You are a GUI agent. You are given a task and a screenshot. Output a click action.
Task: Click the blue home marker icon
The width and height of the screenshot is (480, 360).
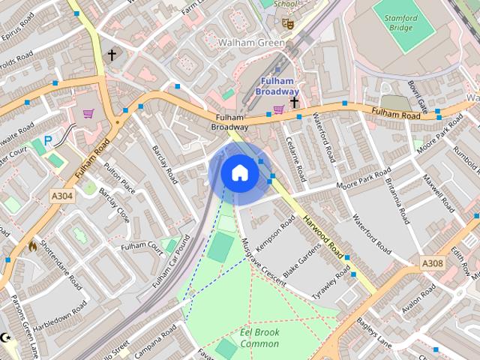click(x=239, y=172)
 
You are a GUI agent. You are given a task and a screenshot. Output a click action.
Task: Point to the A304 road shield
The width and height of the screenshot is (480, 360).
click(x=62, y=195)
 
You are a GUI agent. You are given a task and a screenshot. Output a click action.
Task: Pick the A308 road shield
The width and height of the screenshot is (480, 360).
click(x=432, y=263)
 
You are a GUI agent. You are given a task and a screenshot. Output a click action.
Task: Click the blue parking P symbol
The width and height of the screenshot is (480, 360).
click(x=49, y=139)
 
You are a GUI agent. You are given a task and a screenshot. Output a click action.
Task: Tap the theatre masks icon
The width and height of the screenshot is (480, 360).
click(x=288, y=23)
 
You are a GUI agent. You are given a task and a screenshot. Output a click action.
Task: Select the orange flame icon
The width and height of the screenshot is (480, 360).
click(x=33, y=245)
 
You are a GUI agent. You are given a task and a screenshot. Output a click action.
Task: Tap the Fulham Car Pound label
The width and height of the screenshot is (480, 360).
click(x=172, y=262)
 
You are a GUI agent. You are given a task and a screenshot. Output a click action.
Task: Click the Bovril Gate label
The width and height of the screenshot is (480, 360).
click(x=418, y=96)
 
